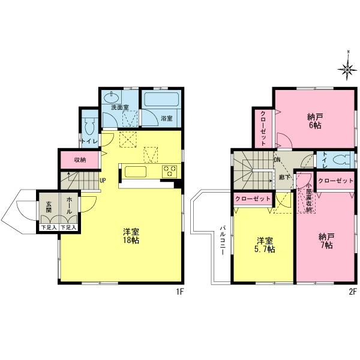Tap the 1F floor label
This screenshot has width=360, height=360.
pyautogui.click(x=179, y=292)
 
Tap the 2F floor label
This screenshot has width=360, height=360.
pyautogui.click(x=353, y=292)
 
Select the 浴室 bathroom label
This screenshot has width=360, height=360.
pyautogui.click(x=167, y=118)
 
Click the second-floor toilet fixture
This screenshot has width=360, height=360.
pyautogui.click(x=341, y=161)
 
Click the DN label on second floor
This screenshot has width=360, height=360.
pyautogui.click(x=277, y=160)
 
